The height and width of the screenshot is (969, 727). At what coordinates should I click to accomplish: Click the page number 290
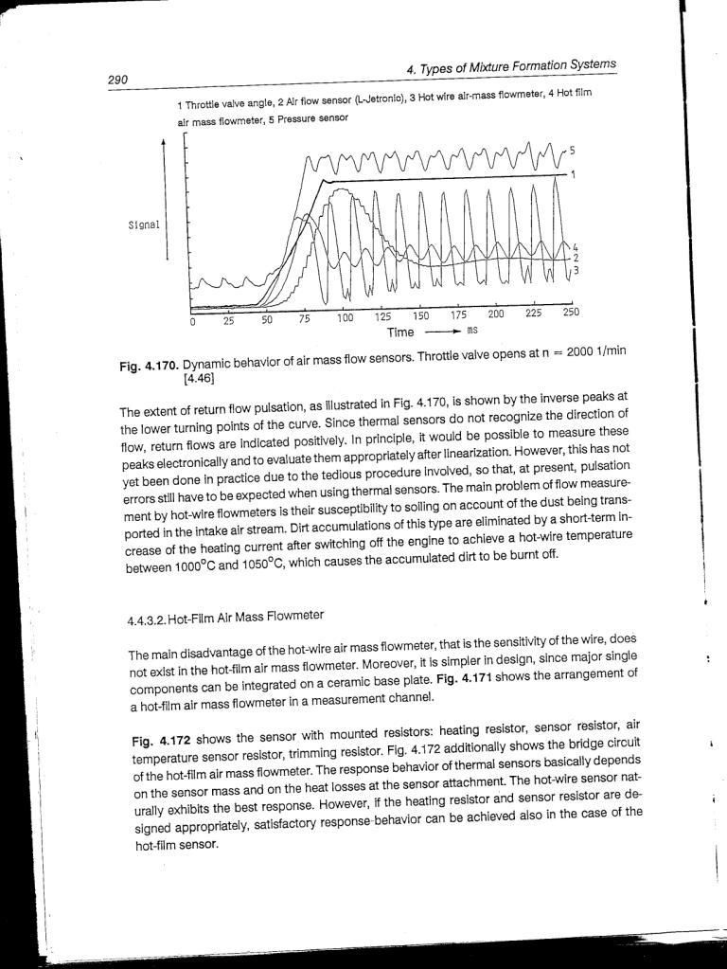[118, 80]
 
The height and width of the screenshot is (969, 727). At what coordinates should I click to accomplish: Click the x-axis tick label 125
[383, 316]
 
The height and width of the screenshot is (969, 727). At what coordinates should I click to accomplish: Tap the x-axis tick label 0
[192, 322]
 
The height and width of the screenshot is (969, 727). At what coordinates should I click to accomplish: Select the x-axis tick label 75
[305, 319]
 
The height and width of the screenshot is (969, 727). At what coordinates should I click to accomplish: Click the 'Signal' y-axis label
[143, 225]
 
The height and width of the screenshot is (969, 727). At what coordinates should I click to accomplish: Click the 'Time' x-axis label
[400, 332]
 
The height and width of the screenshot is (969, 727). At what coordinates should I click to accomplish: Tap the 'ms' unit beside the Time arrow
[471, 331]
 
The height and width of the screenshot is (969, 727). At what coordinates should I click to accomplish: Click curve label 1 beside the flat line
[574, 174]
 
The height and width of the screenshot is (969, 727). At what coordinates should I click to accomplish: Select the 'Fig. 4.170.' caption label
[149, 366]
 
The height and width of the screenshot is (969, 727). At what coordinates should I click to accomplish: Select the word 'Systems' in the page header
[585, 65]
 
